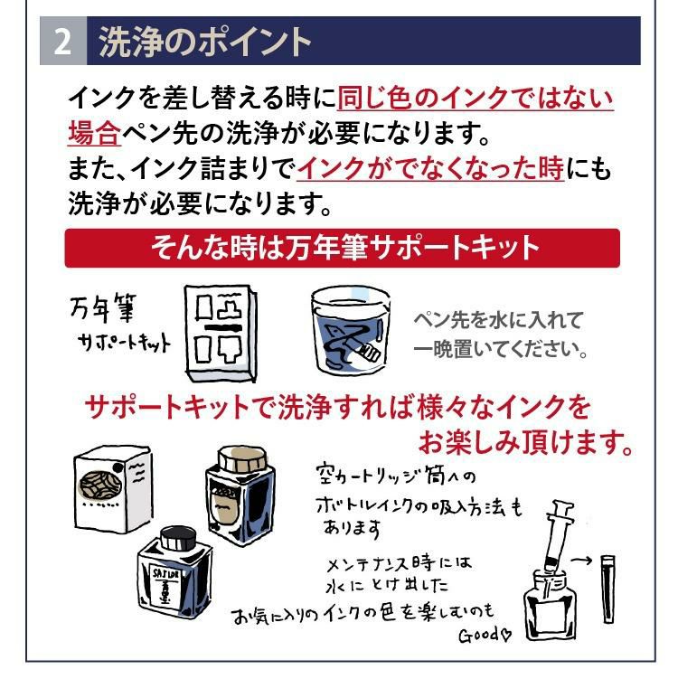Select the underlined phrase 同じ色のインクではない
tap(475, 98)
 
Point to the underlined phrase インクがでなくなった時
tap(429, 168)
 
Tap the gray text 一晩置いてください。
tap(501, 349)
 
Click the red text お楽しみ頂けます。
tap(524, 443)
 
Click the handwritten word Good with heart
tap(485, 634)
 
